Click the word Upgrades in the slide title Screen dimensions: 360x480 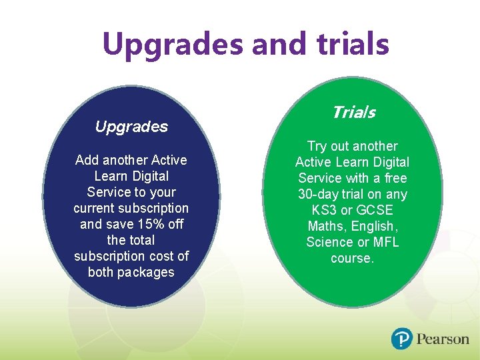(x=174, y=45)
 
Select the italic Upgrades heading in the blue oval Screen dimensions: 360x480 (x=131, y=127)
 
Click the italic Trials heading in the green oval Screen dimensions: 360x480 (x=353, y=113)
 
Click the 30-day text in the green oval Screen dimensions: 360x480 (x=321, y=195)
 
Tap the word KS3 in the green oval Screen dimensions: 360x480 (x=325, y=211)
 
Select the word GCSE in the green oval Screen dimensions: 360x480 (x=377, y=211)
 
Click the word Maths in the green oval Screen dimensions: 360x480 (x=325, y=227)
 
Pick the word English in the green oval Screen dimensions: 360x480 (x=375, y=227)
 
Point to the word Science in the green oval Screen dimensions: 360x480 (x=328, y=243)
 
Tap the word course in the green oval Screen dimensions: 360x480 (x=351, y=259)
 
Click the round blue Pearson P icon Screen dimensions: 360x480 (x=402, y=339)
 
